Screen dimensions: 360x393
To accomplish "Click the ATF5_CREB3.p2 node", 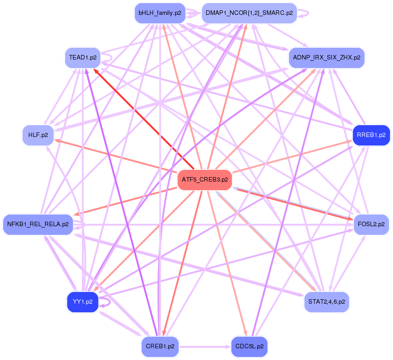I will (x=205, y=179).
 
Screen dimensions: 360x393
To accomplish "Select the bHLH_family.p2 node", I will (x=160, y=13).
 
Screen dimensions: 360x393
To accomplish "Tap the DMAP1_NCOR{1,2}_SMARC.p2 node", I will (x=249, y=13).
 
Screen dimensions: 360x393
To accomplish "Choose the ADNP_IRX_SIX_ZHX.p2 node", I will (x=326, y=58).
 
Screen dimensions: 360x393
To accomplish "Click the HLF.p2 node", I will (x=38, y=135).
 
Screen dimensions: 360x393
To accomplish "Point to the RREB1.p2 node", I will (x=370, y=135).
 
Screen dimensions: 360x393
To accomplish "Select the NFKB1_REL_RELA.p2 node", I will (x=38, y=224).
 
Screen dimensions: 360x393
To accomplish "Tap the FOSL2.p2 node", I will (x=371, y=224).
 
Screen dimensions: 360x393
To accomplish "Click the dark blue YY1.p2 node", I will (x=82, y=301).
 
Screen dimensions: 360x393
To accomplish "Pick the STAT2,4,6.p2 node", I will (x=326, y=301).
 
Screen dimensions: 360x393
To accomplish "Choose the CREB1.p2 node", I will (x=160, y=346).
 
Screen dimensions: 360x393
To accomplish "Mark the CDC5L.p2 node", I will (x=249, y=346).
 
